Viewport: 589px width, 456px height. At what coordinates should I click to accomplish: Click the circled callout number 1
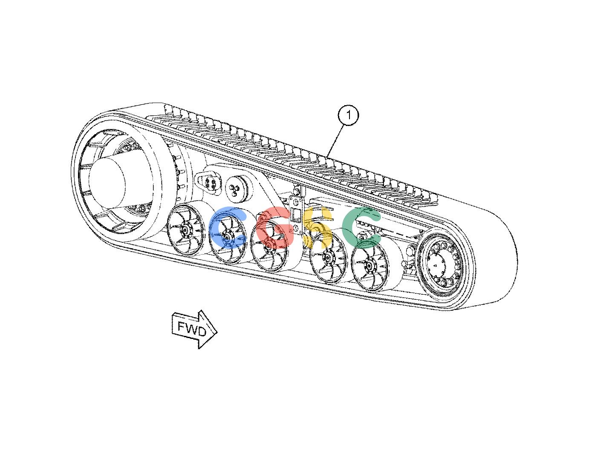point(349,115)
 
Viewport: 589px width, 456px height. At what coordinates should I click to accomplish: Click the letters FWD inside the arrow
point(192,328)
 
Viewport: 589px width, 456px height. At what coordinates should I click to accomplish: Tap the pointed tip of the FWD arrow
point(217,332)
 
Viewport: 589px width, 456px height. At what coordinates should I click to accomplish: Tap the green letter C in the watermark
point(361,227)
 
